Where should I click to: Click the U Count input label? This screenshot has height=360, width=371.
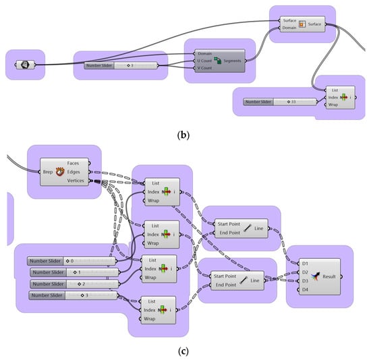pyautogui.click(x=205, y=59)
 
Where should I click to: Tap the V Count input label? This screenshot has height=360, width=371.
pyautogui.click(x=205, y=67)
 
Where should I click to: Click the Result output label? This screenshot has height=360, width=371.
pyautogui.click(x=330, y=276)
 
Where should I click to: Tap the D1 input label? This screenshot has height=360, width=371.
pyautogui.click(x=305, y=264)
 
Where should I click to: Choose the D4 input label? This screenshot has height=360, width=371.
pyautogui.click(x=305, y=289)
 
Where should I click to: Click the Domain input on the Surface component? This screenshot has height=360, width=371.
pyautogui.click(x=291, y=28)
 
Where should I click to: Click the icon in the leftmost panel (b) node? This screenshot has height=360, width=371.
pyautogui.click(x=24, y=65)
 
